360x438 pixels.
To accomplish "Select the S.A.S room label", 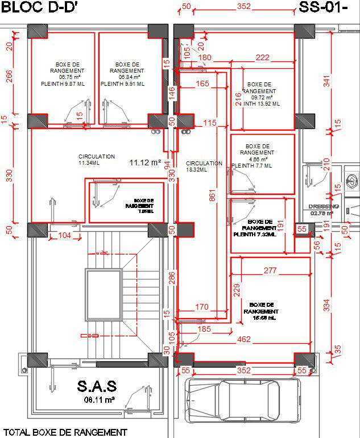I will [x=97, y=387].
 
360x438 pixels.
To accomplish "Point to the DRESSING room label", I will [x=323, y=206].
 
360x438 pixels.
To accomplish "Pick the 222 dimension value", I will [x=262, y=57].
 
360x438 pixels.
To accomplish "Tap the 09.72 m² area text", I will [x=259, y=97].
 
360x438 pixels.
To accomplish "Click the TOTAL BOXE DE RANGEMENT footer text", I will [x=66, y=432].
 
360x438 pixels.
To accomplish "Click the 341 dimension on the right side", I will [x=326, y=81].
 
